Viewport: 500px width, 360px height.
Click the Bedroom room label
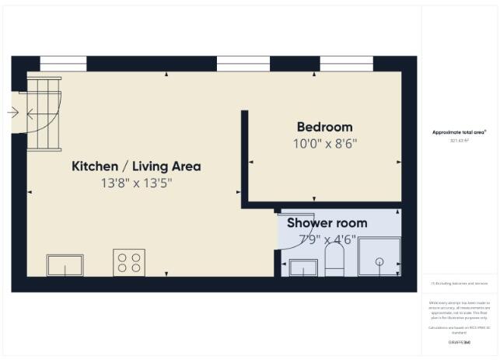324,127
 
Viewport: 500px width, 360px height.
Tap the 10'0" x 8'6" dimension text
324,143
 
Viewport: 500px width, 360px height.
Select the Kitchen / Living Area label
136,166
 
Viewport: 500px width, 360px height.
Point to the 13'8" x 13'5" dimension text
136,183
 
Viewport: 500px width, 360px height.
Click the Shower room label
327,223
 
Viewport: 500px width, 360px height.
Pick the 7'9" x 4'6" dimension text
327,240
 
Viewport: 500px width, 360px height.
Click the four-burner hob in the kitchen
129,262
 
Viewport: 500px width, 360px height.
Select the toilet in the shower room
334,260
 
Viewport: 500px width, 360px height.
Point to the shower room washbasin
303,267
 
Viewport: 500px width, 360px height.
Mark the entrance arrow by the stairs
12,113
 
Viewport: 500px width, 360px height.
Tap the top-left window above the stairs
62,63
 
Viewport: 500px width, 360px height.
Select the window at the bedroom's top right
346,63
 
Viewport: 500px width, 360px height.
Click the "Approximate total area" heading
460,133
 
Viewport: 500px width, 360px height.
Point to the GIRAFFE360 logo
460,342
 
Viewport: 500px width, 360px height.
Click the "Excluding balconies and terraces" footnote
460,284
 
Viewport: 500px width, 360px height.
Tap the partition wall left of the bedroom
244,156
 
